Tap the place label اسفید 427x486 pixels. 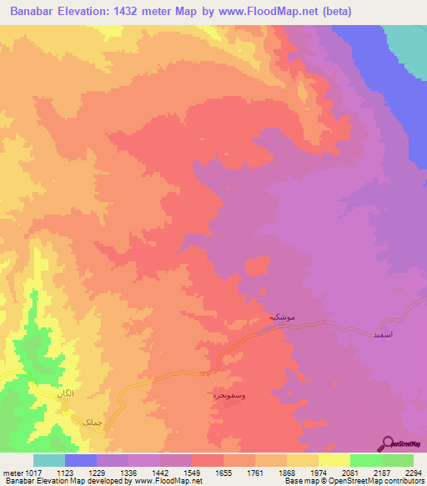click(374, 333)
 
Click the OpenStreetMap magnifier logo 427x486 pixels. click(387, 444)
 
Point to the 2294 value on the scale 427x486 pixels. click(412, 472)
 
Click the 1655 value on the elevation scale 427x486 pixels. click(224, 472)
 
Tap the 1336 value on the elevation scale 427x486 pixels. click(129, 472)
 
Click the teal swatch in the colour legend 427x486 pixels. click(49, 460)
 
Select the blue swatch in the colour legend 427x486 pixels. click(81, 460)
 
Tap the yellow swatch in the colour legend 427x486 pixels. click(334, 460)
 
